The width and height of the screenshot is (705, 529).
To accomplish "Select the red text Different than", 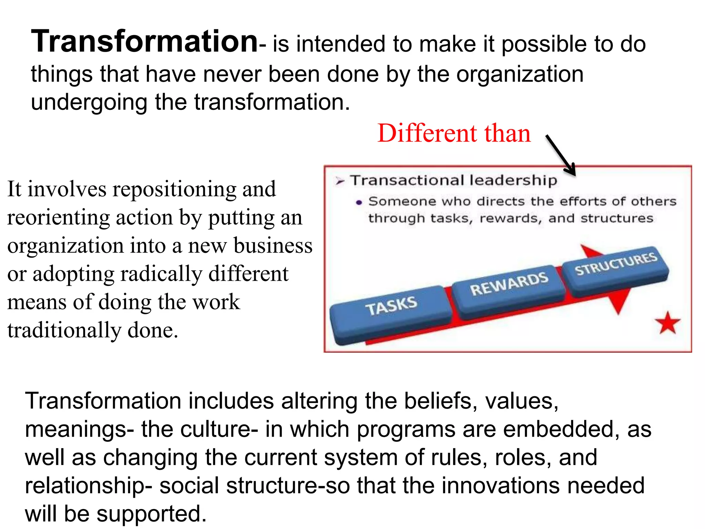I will (454, 133).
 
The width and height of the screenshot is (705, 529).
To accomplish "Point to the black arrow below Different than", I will (560, 155).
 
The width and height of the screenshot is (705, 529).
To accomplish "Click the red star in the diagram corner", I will (667, 323).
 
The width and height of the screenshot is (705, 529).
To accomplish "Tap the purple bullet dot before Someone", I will (359, 203).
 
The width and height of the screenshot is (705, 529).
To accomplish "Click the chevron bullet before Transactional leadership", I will (340, 181).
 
